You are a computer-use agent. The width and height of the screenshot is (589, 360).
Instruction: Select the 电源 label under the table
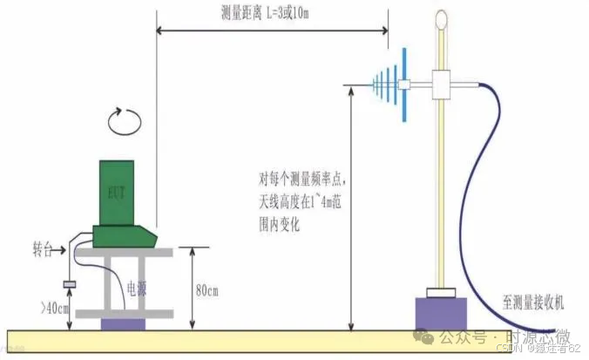[136, 287]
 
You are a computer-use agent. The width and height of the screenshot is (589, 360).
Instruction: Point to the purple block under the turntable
[124, 323]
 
